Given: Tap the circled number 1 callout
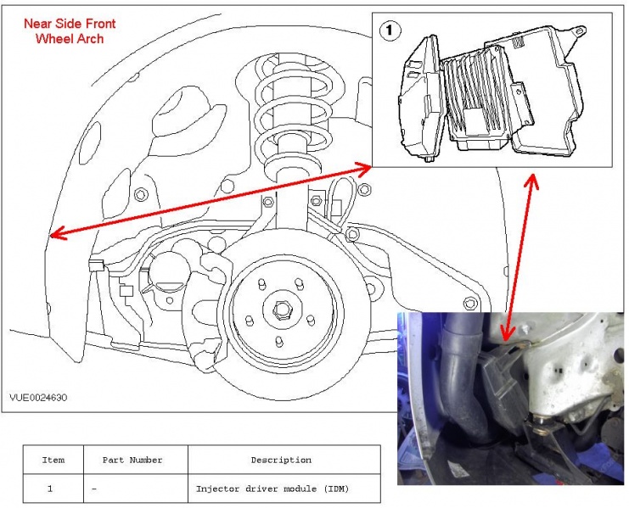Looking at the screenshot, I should (390, 31).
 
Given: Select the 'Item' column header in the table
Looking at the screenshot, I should (53, 460).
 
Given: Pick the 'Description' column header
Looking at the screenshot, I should (280, 460).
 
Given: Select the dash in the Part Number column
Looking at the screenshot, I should (93, 488).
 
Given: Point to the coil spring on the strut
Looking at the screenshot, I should (288, 102).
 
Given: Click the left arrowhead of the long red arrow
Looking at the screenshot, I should (53, 235).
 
